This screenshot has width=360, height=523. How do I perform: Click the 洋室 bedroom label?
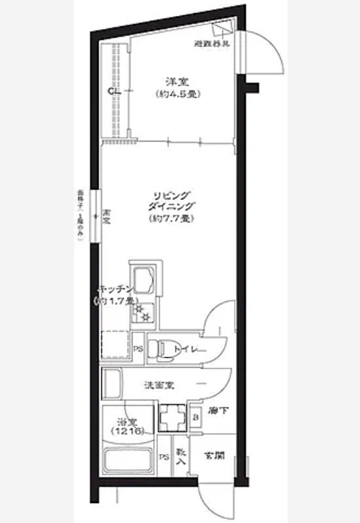(x=172, y=80)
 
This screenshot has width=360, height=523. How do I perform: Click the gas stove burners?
(x=144, y=313)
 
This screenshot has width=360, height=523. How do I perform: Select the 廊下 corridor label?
(x=219, y=412)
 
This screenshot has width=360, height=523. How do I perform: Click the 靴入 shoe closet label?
(x=181, y=456)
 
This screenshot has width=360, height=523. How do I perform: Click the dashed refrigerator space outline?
(x=115, y=345)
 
